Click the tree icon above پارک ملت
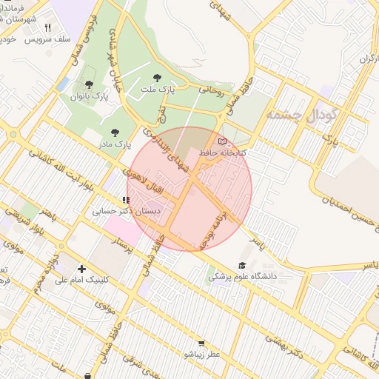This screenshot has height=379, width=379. tap(156, 77)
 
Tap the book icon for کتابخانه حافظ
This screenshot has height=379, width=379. tap(222, 141)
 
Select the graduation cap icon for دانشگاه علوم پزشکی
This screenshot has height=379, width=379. tap(242, 266)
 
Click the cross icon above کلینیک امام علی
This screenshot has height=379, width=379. tap(81, 268)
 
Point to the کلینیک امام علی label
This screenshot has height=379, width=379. tap(81, 280)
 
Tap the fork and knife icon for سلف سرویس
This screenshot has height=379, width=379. tap(48, 27)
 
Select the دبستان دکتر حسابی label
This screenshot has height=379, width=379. tap(120, 211)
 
